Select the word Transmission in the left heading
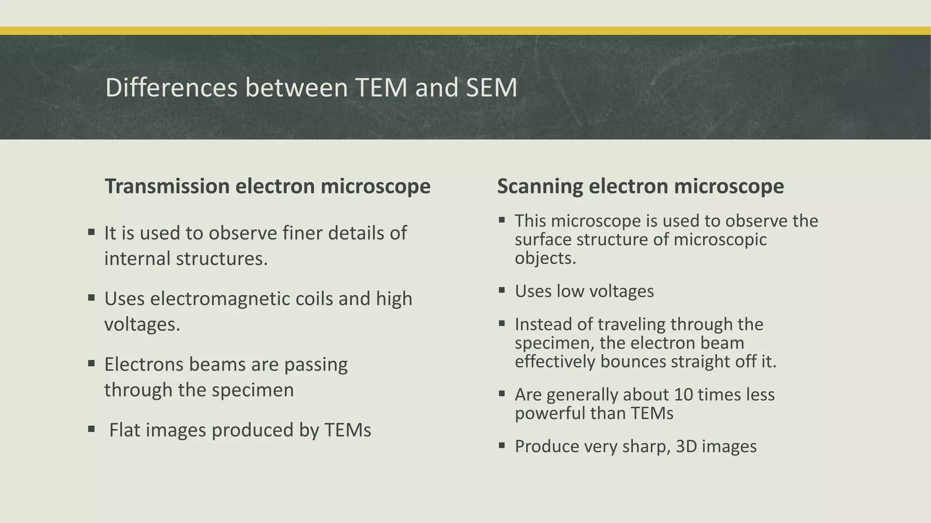click(167, 186)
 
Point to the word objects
click(545, 258)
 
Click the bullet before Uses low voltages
click(502, 291)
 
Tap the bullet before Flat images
click(91, 429)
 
